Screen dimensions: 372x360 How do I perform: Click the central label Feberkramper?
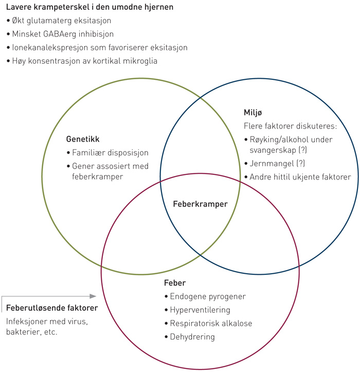pos(200,204)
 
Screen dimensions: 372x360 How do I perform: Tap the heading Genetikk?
pos(83,139)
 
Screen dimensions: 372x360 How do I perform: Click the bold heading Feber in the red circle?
pos(175,284)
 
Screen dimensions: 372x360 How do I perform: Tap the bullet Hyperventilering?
pos(200,310)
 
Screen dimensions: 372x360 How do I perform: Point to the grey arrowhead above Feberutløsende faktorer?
pos(93,296)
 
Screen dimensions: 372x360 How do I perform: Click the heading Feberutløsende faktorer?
pos(52,308)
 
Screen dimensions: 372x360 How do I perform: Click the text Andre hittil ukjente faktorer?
pos(300,177)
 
